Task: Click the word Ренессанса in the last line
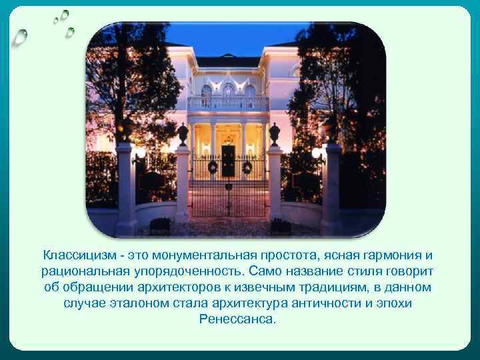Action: coord(237,319)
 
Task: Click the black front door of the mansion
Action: coord(228,160)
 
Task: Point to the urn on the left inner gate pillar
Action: coord(183,133)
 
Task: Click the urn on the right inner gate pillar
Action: coord(274,133)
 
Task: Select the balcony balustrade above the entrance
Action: coord(228,103)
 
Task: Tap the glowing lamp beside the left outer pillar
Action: coord(141,153)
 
